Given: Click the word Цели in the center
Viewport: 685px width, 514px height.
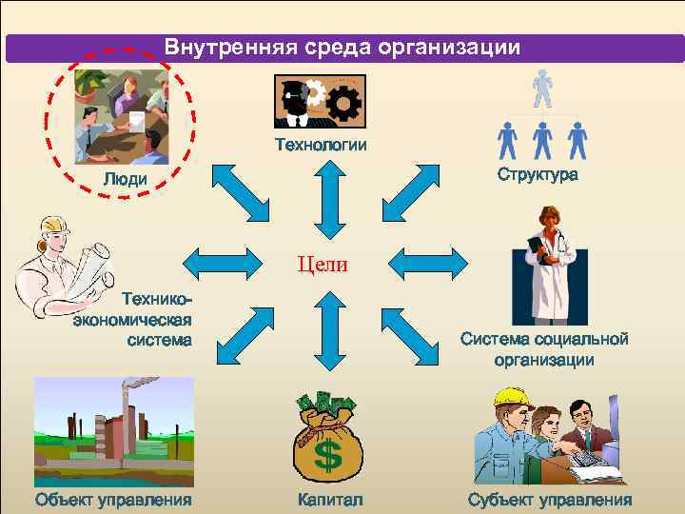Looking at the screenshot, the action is [324, 264].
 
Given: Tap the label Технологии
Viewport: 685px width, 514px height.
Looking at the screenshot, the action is [321, 145].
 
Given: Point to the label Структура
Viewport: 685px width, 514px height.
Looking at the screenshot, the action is [537, 175].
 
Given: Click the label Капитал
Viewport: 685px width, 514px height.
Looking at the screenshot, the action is [329, 500].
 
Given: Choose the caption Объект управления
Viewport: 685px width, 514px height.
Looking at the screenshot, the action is [112, 500].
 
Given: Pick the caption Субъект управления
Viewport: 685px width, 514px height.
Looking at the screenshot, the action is [549, 500].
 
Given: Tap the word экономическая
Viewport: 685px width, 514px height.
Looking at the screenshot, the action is [133, 319].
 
